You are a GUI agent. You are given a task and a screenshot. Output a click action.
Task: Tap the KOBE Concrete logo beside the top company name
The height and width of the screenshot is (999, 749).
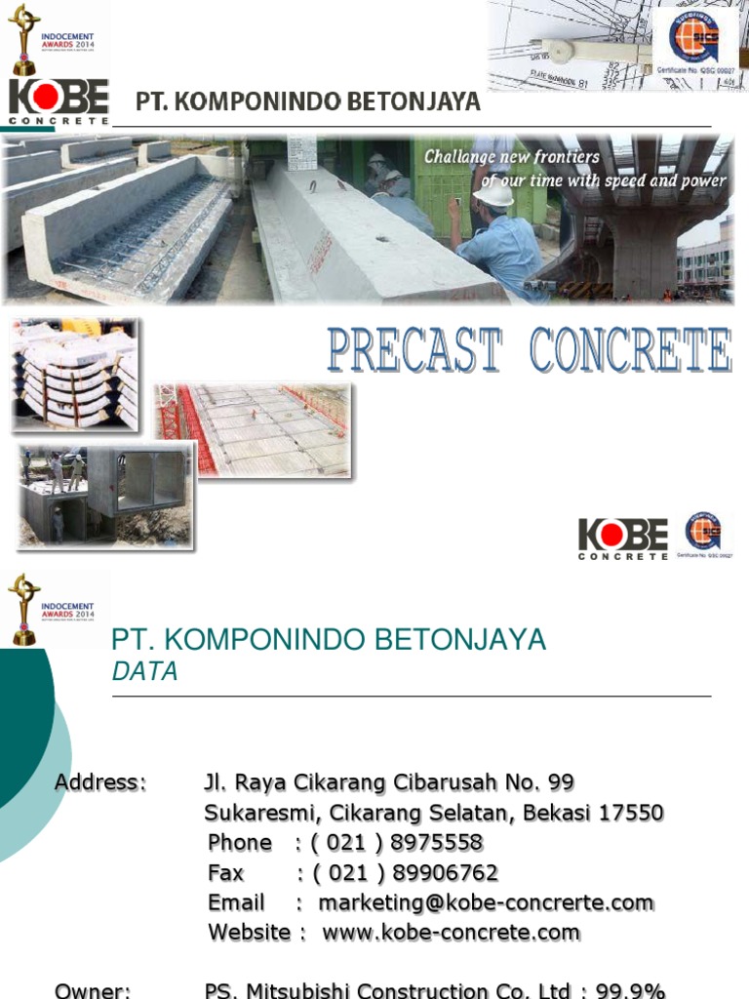[x=59, y=101]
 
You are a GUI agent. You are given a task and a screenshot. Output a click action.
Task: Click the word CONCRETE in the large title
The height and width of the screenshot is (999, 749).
[x=631, y=351]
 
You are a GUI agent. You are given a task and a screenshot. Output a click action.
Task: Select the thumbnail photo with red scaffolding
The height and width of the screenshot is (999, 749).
[x=254, y=430]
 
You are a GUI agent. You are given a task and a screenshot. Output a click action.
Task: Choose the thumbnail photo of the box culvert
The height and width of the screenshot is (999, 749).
[x=107, y=495]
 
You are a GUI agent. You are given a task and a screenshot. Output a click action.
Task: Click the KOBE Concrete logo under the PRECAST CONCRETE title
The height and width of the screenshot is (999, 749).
[x=623, y=539]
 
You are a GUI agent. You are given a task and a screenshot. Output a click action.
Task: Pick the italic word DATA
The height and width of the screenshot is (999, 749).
[x=144, y=672]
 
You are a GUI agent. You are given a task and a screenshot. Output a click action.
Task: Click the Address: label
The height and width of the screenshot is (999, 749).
[x=100, y=782]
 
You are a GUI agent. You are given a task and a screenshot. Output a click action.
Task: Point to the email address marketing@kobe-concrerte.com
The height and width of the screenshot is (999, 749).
[x=486, y=903]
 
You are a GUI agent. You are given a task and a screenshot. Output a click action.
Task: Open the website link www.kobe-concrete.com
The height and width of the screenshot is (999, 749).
[x=452, y=934]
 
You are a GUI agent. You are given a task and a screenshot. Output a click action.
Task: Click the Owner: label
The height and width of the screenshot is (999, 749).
[x=93, y=991]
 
